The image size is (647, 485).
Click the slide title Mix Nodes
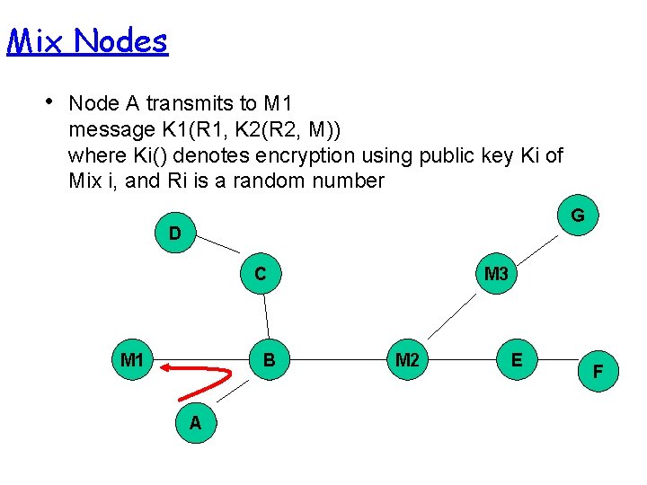pyautogui.click(x=87, y=40)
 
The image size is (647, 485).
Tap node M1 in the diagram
pyautogui.click(x=132, y=360)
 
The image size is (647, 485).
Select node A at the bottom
pyautogui.click(x=195, y=422)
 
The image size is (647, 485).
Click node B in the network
pyautogui.click(x=269, y=360)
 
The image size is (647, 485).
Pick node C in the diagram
pyautogui.click(x=260, y=273)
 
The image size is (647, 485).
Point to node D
pyautogui.click(x=175, y=233)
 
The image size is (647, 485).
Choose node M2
pyautogui.click(x=407, y=360)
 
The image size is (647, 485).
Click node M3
pyautogui.click(x=496, y=273)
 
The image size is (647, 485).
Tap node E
pyautogui.click(x=517, y=359)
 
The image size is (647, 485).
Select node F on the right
pyautogui.click(x=598, y=371)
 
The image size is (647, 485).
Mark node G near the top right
pyautogui.click(x=578, y=216)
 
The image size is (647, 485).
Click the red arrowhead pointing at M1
pyautogui.click(x=169, y=366)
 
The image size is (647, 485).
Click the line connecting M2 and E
pyautogui.click(x=462, y=360)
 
